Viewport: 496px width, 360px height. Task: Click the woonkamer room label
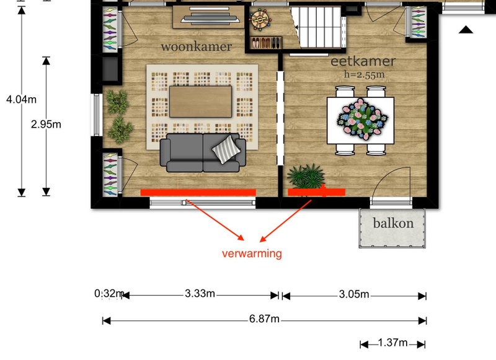[x=196, y=46]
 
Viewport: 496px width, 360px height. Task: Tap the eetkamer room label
[x=363, y=61]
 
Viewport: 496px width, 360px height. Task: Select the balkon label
[x=393, y=223]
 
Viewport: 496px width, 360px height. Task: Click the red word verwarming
[x=252, y=253]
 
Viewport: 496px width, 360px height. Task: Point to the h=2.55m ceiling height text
[x=364, y=74]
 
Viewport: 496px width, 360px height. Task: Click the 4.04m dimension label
[x=21, y=100]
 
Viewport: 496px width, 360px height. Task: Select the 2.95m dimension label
[x=46, y=125]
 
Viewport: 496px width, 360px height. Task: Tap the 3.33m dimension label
[x=200, y=293]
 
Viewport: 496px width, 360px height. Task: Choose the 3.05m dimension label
[x=354, y=294]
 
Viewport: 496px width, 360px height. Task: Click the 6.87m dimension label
[x=264, y=318]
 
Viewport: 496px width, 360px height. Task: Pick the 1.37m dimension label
[x=392, y=343]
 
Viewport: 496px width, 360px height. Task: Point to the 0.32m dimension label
[x=109, y=294]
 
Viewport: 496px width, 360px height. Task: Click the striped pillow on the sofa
[x=226, y=149]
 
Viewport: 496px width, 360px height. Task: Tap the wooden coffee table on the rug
[x=200, y=102]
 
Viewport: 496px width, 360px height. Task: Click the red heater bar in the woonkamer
[x=198, y=193]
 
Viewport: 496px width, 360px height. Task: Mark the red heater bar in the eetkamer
[x=316, y=192]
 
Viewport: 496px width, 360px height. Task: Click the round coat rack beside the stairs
[x=260, y=20]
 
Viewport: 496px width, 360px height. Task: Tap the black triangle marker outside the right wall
[x=466, y=30]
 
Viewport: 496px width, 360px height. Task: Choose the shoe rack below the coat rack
[x=266, y=43]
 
